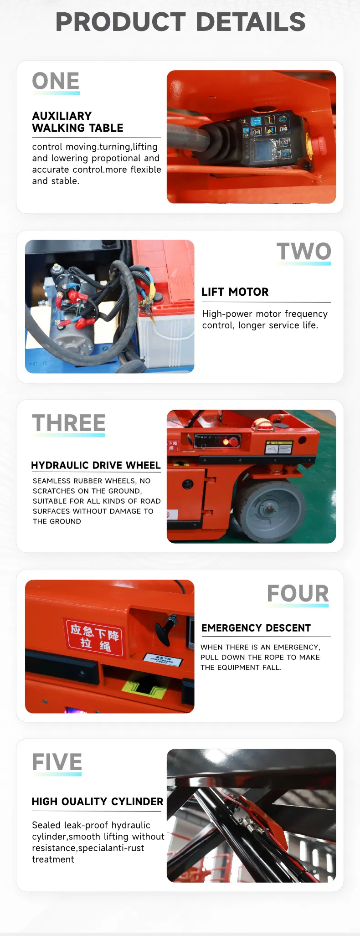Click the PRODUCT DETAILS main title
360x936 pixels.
180,22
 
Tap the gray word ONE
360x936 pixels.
56,82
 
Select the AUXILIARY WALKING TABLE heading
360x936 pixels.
77,122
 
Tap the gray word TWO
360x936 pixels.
303,252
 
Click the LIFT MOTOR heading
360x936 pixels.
235,292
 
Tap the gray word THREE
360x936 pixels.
69,423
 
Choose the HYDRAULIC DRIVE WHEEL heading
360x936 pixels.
96,465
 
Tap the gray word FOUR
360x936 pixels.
298,593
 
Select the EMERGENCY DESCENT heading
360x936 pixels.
256,628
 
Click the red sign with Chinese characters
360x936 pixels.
94,637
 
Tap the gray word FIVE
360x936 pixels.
57,762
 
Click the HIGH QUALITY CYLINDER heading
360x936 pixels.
98,802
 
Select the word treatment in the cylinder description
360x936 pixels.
53,859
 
